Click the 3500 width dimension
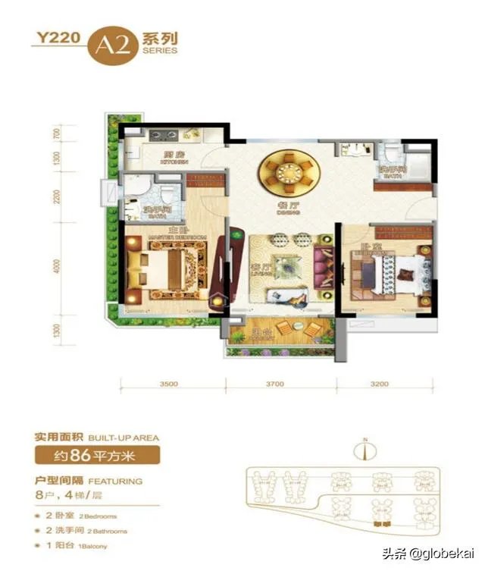(168, 384)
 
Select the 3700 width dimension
(274, 384)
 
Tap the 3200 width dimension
(379, 384)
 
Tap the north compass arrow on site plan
(365, 449)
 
